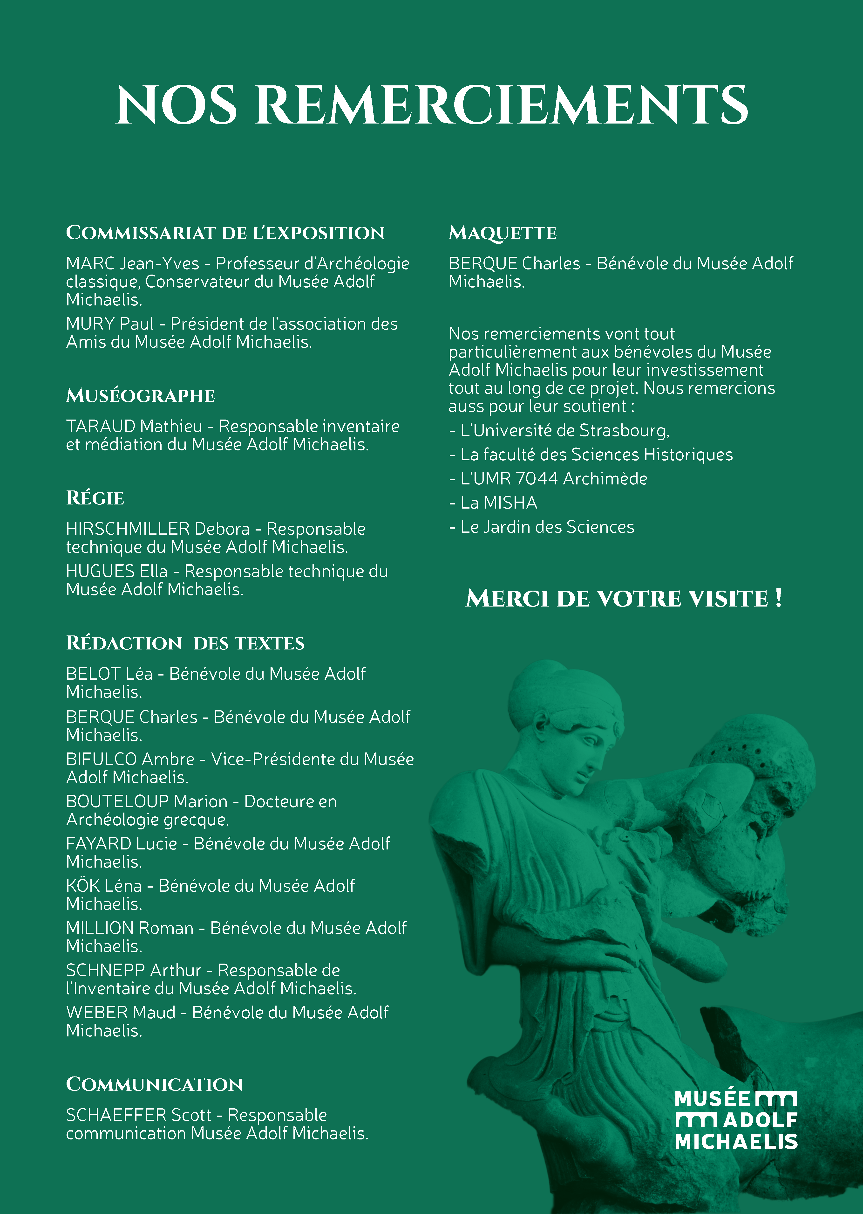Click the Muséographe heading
coord(140,395)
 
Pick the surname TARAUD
coord(101,426)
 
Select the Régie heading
coord(95,498)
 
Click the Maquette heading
coord(502,233)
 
